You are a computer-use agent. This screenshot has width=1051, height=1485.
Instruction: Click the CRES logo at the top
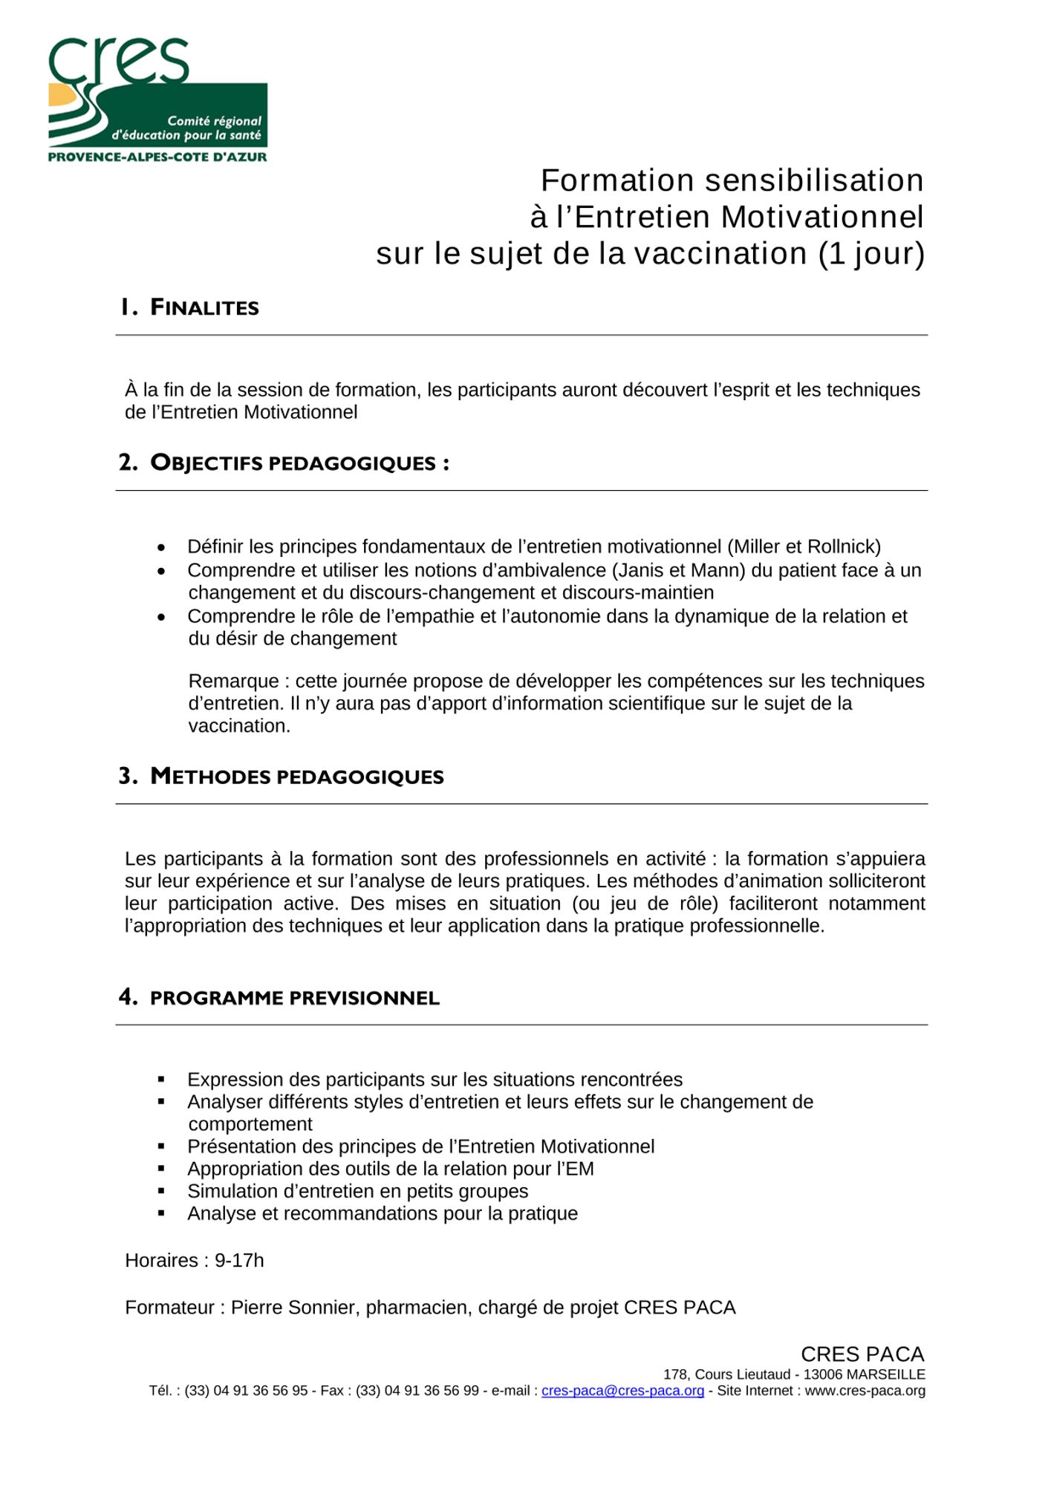pyautogui.click(x=157, y=99)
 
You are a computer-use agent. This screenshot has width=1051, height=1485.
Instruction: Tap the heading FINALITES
pyautogui.click(x=204, y=307)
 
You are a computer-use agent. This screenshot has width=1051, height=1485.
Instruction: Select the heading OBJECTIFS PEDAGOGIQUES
pyautogui.click(x=299, y=463)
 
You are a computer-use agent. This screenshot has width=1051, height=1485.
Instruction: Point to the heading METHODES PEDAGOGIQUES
pyautogui.click(x=296, y=777)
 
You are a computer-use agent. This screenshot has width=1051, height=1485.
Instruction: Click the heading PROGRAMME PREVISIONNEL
pyautogui.click(x=294, y=998)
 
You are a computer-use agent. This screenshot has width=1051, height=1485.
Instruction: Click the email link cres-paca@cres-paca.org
pyautogui.click(x=622, y=1391)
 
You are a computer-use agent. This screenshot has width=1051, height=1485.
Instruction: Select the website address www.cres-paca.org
pyautogui.click(x=865, y=1391)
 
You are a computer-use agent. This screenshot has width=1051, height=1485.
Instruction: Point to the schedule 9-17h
pyautogui.click(x=239, y=1261)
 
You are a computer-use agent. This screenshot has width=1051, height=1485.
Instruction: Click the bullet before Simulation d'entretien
pyautogui.click(x=161, y=1192)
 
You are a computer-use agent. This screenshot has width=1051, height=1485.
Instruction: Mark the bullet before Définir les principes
pyautogui.click(x=161, y=548)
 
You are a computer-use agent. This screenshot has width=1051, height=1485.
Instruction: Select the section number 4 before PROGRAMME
pyautogui.click(x=127, y=997)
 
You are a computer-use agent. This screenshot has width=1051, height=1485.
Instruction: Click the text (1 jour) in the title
pyautogui.click(x=871, y=254)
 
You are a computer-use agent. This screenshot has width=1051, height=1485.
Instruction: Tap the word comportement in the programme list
pyautogui.click(x=250, y=1124)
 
